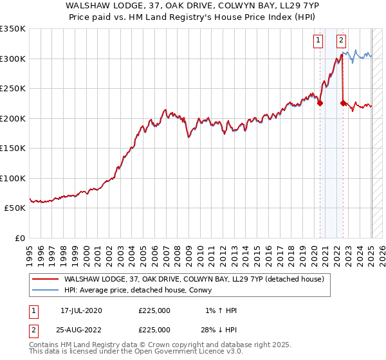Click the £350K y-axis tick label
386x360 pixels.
pos(12,29)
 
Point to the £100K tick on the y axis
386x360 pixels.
pos(12,178)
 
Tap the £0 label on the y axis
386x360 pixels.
pos(19,238)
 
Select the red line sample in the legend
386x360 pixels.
pos(44,280)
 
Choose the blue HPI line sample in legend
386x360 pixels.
pos(44,291)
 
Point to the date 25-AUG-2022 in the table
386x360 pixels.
pos(81,329)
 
